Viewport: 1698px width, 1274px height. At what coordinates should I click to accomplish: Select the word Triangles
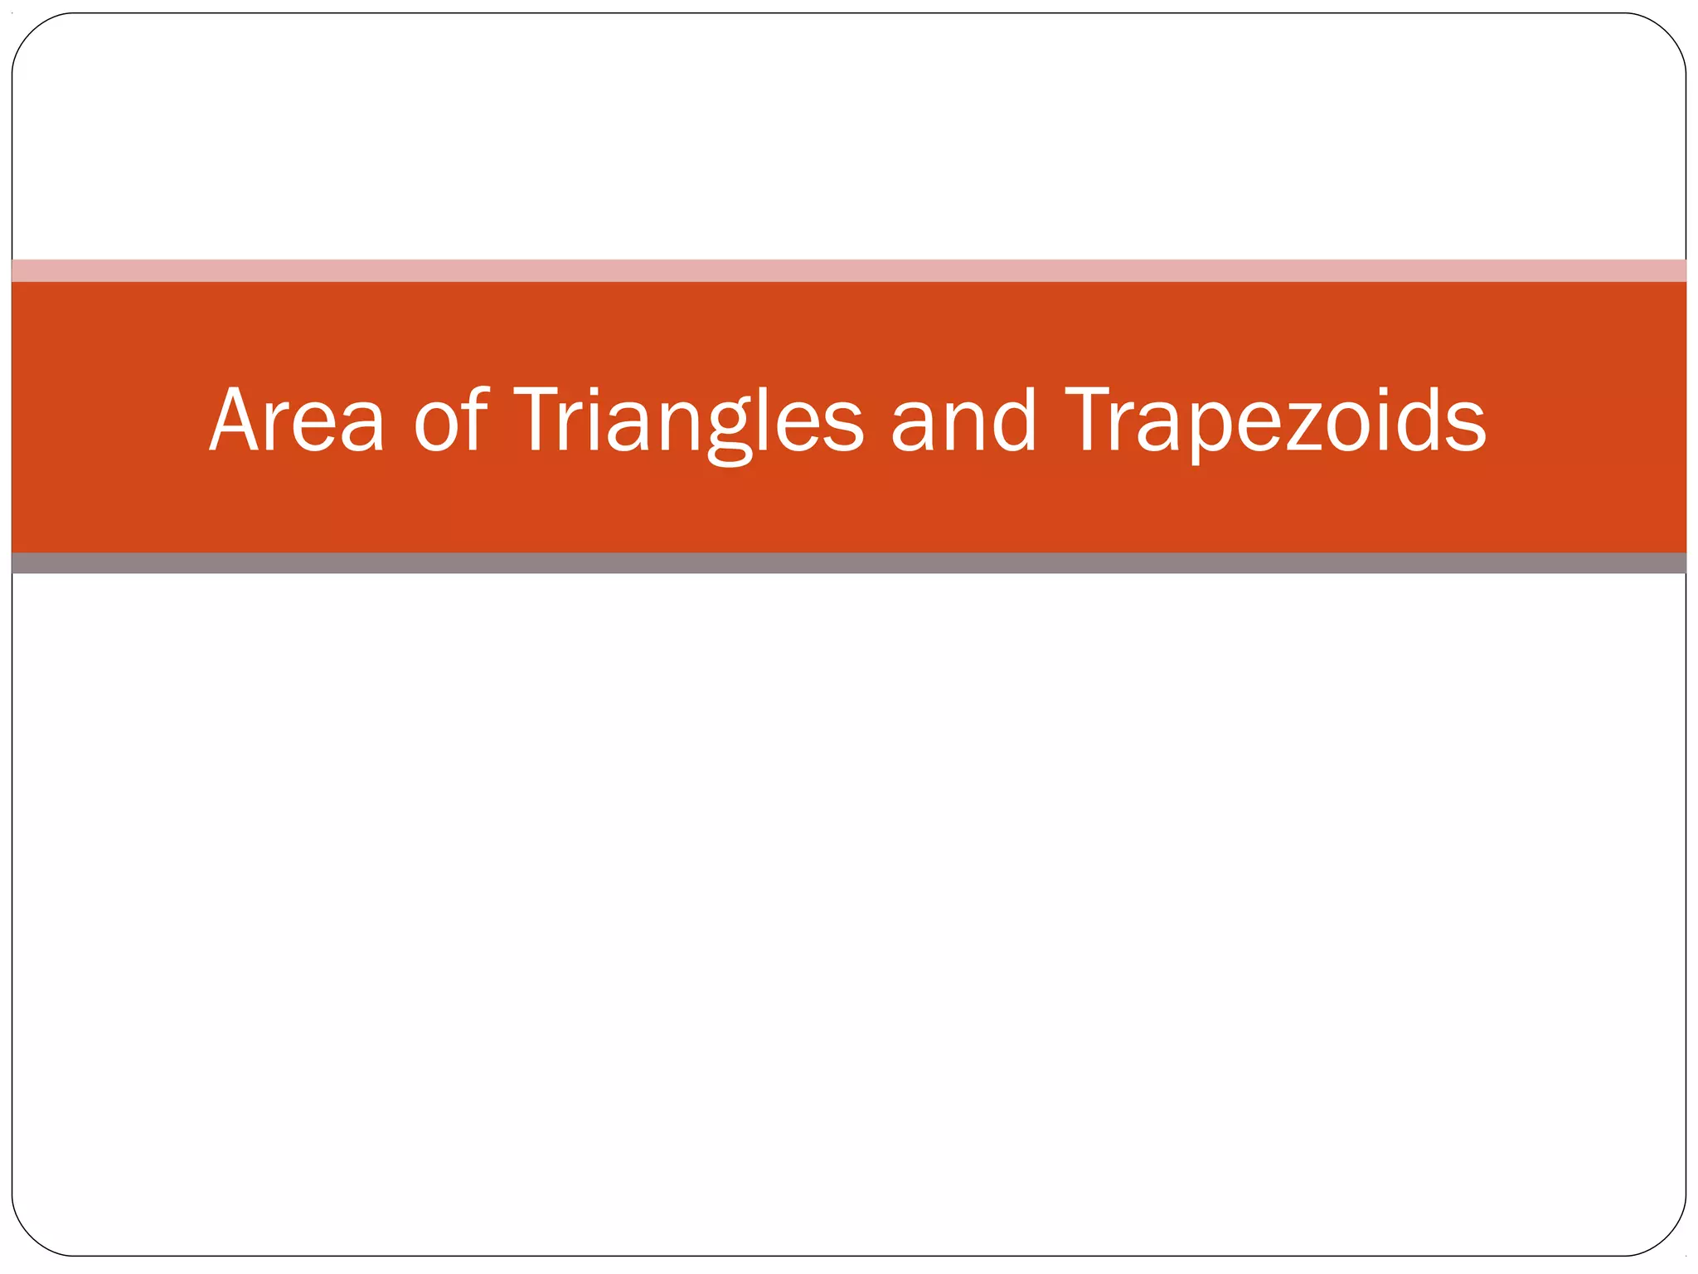[689, 423]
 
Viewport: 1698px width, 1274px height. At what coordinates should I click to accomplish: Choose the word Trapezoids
[1275, 423]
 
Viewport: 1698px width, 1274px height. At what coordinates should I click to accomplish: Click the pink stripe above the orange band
[849, 270]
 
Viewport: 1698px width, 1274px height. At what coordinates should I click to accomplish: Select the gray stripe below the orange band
[849, 563]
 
